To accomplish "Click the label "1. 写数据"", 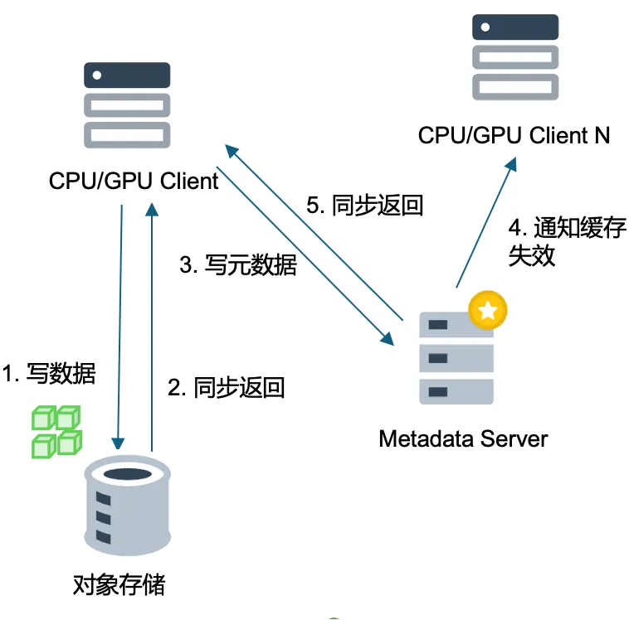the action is click(48, 373).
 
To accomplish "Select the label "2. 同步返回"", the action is click(227, 388).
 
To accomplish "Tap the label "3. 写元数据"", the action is click(238, 265).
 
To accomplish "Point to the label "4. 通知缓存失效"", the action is click(568, 242).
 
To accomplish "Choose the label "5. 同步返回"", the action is click(365, 206).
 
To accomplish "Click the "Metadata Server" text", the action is click(463, 438).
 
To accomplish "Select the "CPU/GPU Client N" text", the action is click(514, 135).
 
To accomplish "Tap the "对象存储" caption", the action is click(119, 584).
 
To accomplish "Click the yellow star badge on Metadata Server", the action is click(488, 310).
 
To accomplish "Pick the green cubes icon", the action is click(57, 432).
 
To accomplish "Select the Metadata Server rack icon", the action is click(456, 358).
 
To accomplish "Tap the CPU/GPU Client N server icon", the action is click(515, 57).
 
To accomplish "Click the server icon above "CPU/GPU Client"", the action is click(127, 105).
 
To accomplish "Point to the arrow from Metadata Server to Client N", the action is click(485, 222).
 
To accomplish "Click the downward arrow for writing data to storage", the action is click(120, 327).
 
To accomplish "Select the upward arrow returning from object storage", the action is click(152, 327).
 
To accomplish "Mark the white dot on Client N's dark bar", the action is click(485, 27).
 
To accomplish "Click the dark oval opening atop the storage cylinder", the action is click(128, 474).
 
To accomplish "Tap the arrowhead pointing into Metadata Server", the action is click(388, 338).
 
